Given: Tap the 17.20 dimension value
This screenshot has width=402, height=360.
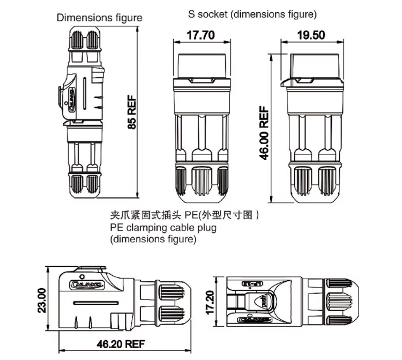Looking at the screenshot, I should click(x=211, y=302).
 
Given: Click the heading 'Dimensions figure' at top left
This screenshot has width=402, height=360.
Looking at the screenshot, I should click(x=100, y=18).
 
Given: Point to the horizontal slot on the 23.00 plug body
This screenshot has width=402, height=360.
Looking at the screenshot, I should click(x=94, y=303).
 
